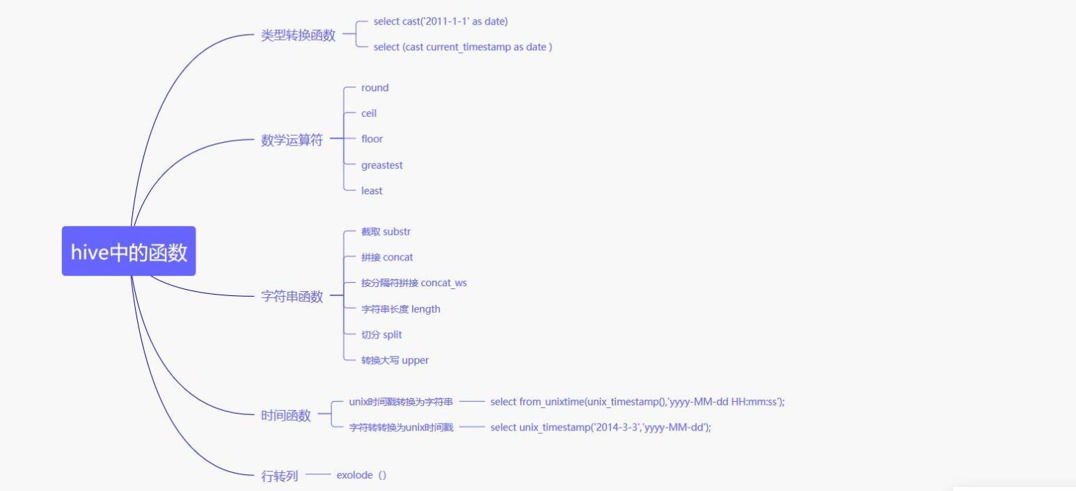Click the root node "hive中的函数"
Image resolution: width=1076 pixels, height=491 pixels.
coord(129,251)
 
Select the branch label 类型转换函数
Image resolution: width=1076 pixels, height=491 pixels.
coord(298,36)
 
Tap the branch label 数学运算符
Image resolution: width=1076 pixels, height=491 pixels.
coord(292,140)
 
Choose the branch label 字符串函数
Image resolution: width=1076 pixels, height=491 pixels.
coord(292,297)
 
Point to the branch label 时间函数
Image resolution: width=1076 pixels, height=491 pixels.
coord(285,416)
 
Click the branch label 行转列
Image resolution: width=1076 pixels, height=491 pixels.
coord(279,476)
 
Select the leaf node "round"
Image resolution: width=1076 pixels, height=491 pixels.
coord(374,88)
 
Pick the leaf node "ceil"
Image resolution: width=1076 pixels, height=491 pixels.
coord(369,114)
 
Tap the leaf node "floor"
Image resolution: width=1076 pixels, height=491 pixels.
coord(372,139)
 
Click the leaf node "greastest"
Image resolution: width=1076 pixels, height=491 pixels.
coord(381,165)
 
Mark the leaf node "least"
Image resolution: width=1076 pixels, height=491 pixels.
coord(372,191)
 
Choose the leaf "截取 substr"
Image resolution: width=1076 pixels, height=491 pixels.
coord(390,231)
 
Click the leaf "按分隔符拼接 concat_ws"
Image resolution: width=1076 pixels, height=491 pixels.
coord(418,283)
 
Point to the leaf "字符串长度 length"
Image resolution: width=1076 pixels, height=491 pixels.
coord(400,309)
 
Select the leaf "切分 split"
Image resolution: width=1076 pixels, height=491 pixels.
coord(381,334)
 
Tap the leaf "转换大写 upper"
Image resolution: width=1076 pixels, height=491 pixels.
coord(395,360)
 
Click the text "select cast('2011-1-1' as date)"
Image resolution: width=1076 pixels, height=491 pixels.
coord(441,22)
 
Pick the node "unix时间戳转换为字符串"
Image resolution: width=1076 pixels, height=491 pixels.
coord(401,402)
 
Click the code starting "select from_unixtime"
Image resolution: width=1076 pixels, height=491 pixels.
coord(638,402)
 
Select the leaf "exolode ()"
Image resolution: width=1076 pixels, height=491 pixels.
coord(361,475)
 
